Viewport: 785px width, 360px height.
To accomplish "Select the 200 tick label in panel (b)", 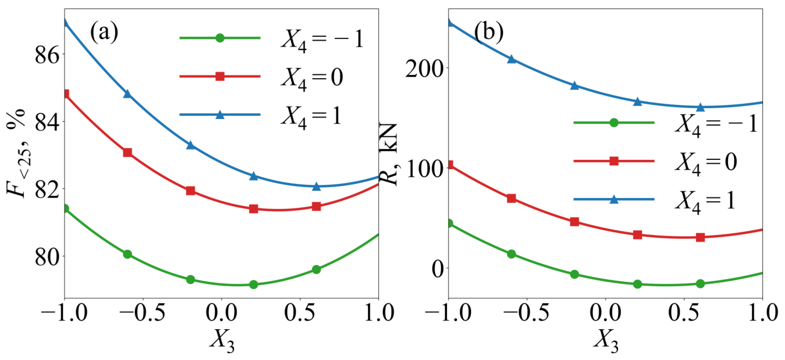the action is point(424,68).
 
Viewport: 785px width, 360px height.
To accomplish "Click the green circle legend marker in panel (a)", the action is point(220,38).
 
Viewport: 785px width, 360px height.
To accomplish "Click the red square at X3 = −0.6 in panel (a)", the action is point(127,152).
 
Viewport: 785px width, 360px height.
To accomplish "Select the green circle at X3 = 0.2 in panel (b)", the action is point(637,284).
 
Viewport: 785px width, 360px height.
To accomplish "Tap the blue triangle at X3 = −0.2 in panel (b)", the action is point(575,85).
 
